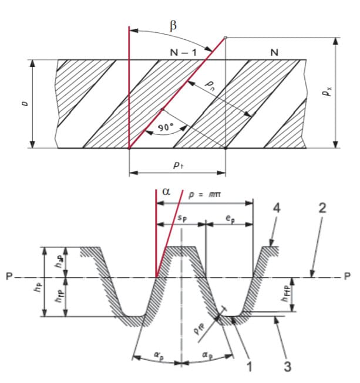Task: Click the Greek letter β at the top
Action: tap(173, 26)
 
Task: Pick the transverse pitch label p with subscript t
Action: tap(176, 165)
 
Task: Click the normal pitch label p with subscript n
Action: tap(210, 86)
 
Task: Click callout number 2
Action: tap(322, 208)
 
